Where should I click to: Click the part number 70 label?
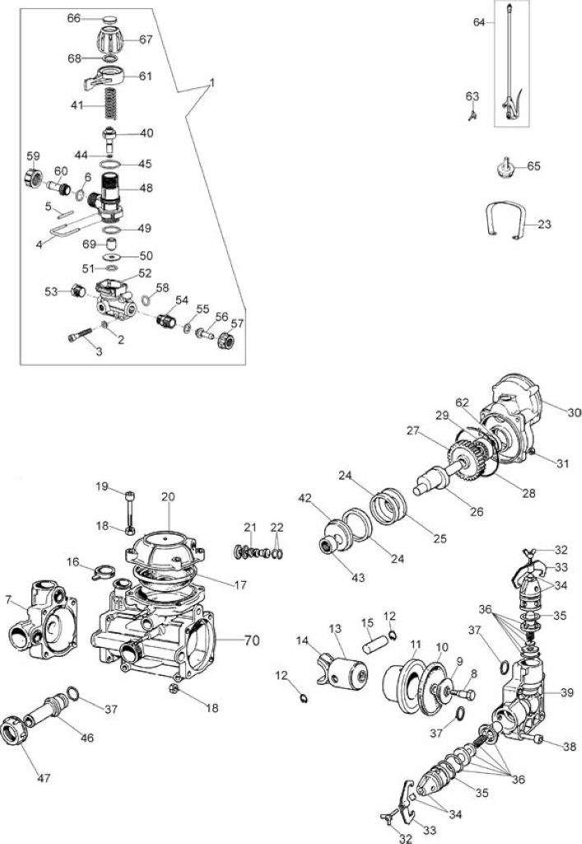(x=252, y=640)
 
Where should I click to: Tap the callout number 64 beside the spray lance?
(x=479, y=22)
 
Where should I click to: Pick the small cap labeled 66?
(x=111, y=19)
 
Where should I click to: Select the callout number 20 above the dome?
(x=168, y=496)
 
